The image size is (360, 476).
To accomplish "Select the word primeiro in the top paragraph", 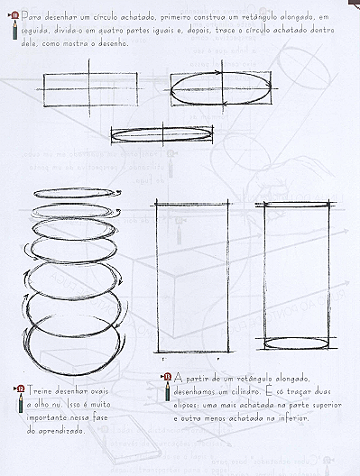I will click(188, 16).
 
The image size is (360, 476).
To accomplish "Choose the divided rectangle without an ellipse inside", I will click(90, 90).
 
